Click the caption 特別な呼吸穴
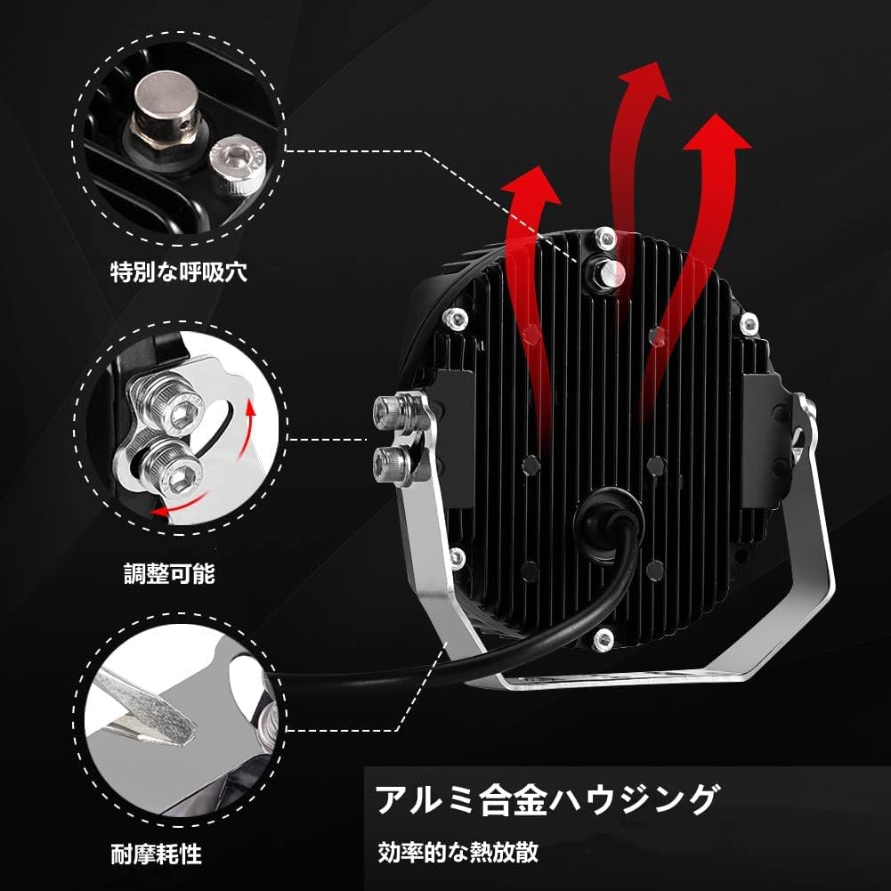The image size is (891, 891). pos(179,271)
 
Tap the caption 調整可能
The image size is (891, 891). pos(169,573)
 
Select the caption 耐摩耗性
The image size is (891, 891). pos(157,854)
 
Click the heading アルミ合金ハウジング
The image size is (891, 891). pos(548,799)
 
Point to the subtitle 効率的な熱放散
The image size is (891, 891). pos(458,853)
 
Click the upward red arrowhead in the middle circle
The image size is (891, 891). pos(251,407)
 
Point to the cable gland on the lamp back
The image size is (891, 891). pos(608,520)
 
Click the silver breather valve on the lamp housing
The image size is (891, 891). pos(608,272)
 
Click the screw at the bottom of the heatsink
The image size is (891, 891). pos(603,640)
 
